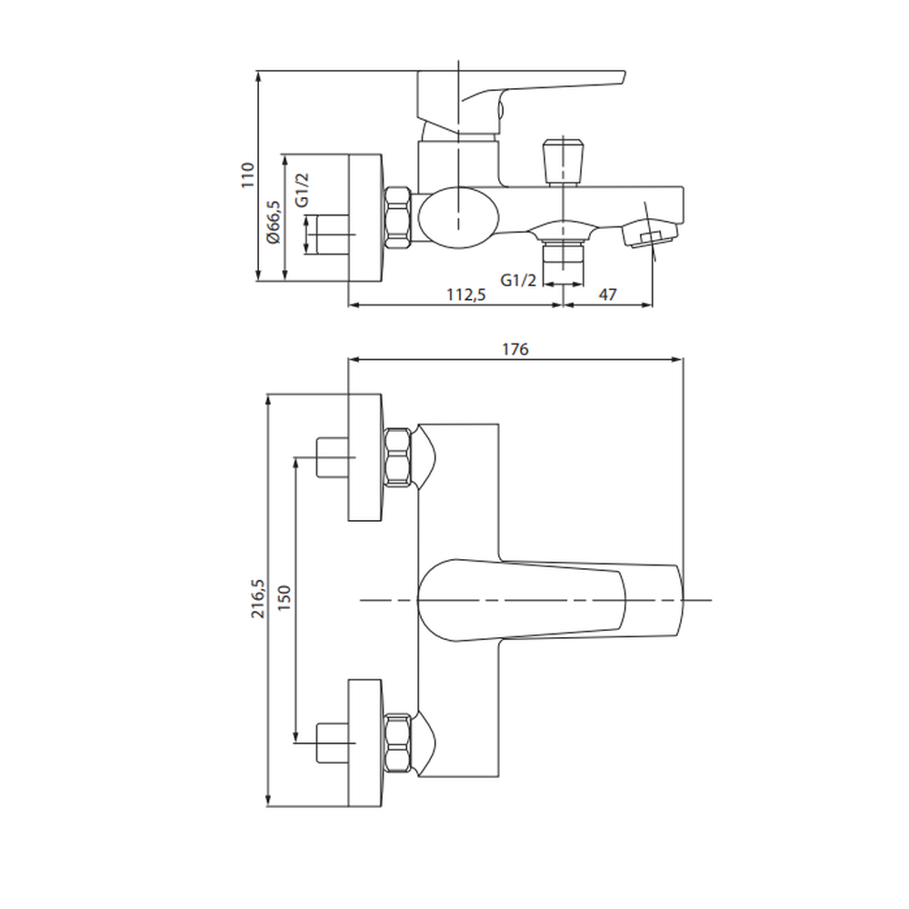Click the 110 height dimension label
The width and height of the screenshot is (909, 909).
pyautogui.click(x=247, y=175)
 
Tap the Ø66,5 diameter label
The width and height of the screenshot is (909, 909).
pyautogui.click(x=273, y=222)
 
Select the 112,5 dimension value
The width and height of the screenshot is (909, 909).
pyautogui.click(x=466, y=295)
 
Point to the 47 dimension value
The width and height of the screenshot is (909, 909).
pyautogui.click(x=607, y=295)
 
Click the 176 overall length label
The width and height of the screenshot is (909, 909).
pyautogui.click(x=515, y=349)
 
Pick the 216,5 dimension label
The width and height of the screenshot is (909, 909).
pyautogui.click(x=257, y=598)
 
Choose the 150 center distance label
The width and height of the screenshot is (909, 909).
pyautogui.click(x=284, y=598)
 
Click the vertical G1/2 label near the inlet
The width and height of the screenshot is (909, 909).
pyautogui.click(x=302, y=190)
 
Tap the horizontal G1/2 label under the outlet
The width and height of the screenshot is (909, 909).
pyautogui.click(x=518, y=280)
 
